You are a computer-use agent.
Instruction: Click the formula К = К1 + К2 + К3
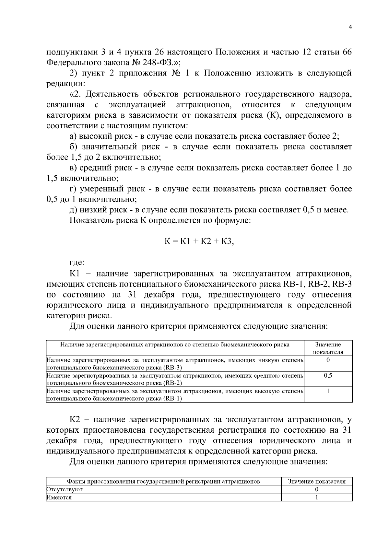199,241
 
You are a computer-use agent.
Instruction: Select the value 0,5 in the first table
328,376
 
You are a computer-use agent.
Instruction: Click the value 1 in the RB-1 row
328,391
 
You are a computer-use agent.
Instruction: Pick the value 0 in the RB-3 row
328,360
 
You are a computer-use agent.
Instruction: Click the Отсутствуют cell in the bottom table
65,489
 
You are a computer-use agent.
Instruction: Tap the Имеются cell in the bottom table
59,497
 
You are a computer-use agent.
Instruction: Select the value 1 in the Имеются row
316,497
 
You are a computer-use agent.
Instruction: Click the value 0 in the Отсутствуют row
316,489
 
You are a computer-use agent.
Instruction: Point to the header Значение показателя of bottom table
316,481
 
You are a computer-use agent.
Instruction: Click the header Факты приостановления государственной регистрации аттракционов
163,481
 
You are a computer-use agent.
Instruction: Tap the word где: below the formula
77,262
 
